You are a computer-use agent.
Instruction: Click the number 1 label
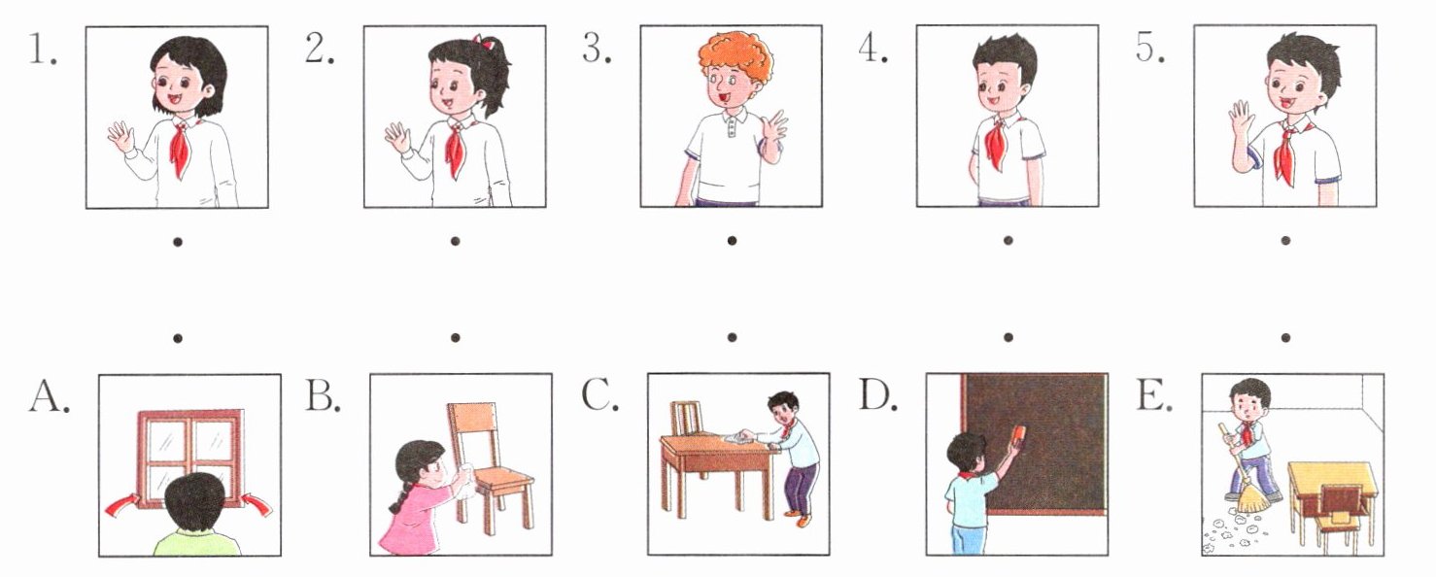[43, 49]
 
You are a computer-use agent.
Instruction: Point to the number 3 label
[597, 49]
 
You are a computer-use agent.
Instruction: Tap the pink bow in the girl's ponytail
[484, 42]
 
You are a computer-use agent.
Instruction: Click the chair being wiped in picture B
[491, 468]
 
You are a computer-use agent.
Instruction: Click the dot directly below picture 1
[178, 242]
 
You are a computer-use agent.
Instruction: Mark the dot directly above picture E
[1285, 338]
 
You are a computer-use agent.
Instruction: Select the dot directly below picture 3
[732, 241]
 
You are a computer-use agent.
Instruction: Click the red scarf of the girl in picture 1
[181, 149]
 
